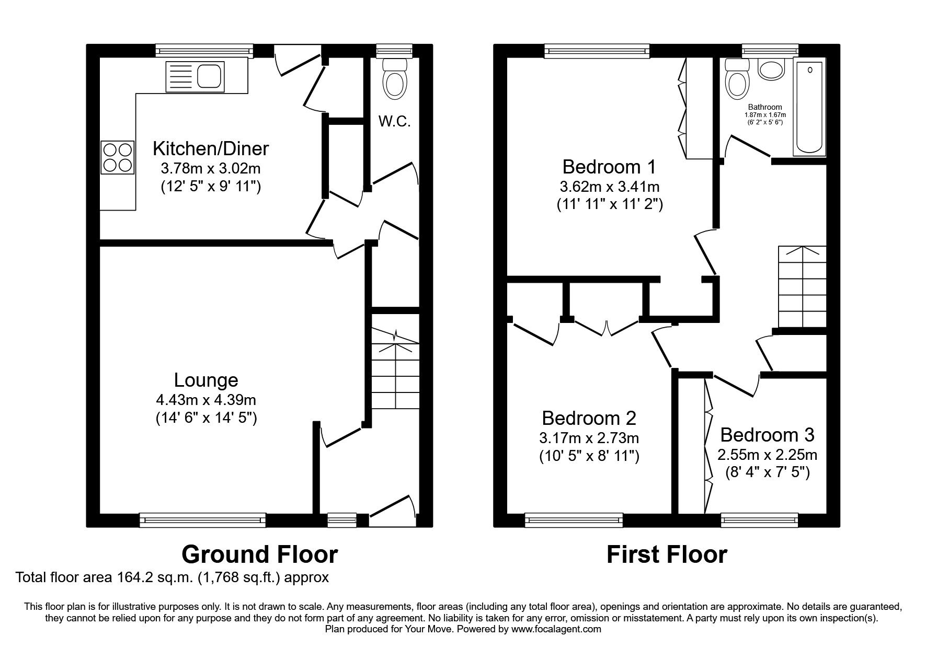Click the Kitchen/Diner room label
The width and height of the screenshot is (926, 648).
[210, 149]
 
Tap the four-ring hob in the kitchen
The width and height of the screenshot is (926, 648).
[117, 157]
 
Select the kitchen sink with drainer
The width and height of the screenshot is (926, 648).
[195, 75]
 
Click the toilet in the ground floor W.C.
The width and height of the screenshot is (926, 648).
[395, 78]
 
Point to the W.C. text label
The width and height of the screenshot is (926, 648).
[394, 122]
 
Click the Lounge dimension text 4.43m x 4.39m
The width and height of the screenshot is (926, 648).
[206, 400]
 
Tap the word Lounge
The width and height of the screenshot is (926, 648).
[206, 380]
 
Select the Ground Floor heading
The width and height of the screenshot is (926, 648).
[259, 554]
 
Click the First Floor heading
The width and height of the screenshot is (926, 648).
[667, 554]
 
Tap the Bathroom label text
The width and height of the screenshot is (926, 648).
[765, 107]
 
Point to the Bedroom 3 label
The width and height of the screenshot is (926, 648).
[767, 435]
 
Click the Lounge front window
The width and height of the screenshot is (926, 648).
[203, 520]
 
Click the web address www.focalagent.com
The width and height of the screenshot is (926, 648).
[556, 629]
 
